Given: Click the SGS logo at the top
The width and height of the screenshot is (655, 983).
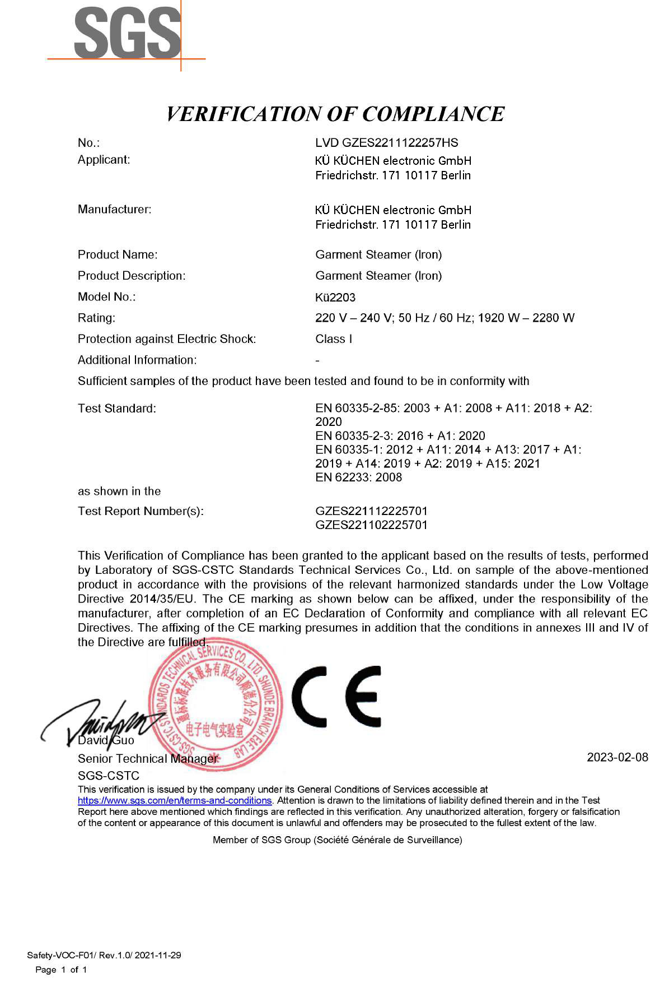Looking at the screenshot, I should point(128,34).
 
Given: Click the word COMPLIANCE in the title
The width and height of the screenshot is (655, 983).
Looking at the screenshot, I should point(433,114).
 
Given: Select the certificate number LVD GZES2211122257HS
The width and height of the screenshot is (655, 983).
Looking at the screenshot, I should point(386,143).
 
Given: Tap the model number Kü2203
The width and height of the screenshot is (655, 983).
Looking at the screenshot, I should point(335,298).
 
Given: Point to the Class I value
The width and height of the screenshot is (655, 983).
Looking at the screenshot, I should point(334,339).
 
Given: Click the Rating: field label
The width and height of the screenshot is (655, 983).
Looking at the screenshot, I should point(96,318).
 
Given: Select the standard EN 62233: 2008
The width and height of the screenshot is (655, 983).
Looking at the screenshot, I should point(358,477).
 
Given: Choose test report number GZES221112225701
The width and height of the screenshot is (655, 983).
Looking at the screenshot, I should point(371,511).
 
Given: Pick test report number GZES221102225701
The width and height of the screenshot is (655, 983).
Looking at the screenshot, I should point(371,525).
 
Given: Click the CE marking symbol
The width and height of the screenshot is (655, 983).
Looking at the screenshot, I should point(336,697).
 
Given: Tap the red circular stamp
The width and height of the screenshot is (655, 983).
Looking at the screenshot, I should point(216,707).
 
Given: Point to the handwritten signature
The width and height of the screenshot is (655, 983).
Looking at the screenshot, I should point(101,723).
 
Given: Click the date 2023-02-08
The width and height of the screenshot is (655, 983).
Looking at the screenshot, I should point(617,758).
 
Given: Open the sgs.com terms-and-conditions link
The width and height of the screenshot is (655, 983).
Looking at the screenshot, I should point(174,801).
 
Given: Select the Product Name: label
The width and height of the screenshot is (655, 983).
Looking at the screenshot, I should point(118,255).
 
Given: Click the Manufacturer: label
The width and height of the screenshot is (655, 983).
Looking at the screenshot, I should point(114,210).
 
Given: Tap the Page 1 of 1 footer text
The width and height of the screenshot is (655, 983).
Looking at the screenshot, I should point(61,970).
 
